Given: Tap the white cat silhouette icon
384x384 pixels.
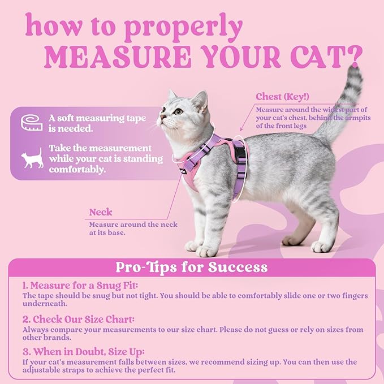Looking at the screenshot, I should pyautogui.click(x=32, y=159).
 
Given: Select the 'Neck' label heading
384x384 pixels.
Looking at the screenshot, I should pyautogui.click(x=100, y=213).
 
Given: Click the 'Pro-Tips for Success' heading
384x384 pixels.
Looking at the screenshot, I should pyautogui.click(x=192, y=267).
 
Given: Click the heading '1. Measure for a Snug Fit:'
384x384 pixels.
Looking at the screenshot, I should pyautogui.click(x=80, y=286).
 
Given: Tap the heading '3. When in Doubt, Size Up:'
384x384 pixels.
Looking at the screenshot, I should pyautogui.click(x=84, y=351).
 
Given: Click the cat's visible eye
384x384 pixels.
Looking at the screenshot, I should pyautogui.click(x=179, y=111).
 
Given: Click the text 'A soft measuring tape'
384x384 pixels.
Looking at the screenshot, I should pyautogui.click(x=97, y=118).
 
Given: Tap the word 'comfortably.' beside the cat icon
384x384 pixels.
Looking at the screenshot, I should pyautogui.click(x=77, y=169).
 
